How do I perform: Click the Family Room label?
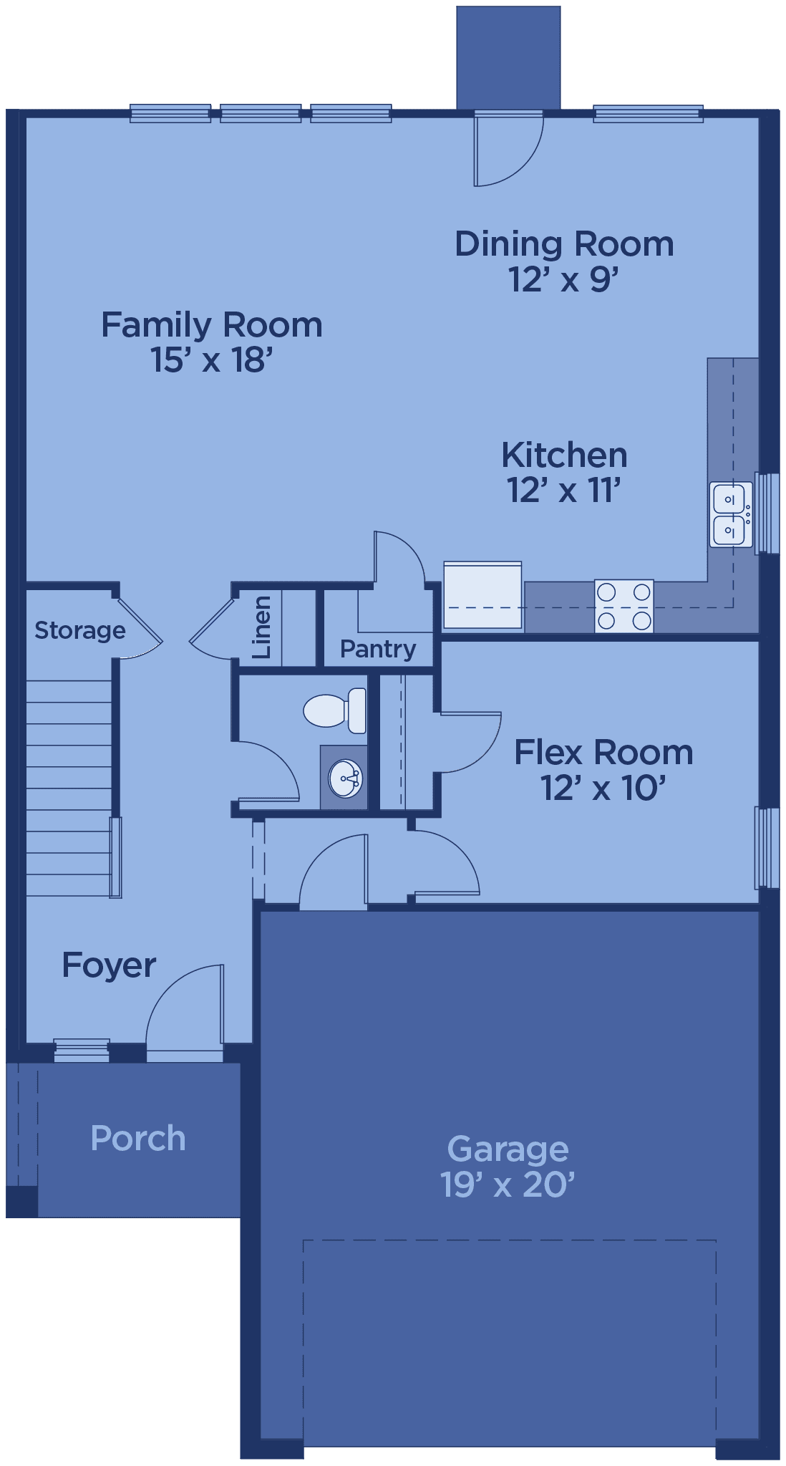pos(212,325)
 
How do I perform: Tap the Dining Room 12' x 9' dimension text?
pos(563,279)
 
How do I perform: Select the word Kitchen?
pos(564,455)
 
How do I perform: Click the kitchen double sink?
pos(731,514)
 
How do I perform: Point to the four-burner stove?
pos(624,606)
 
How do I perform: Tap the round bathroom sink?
pos(345,778)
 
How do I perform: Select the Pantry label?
pos(378,649)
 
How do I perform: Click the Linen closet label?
pos(262,627)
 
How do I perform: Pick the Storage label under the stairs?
pos(80,630)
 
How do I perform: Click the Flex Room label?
pos(603,753)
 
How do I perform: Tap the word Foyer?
pos(109,965)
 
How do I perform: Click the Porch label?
pos(138,1139)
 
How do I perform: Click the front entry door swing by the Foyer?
pos(185,1013)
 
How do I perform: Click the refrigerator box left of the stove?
pos(482,595)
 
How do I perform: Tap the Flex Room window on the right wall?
pos(767,848)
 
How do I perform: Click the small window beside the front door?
pos(82,1050)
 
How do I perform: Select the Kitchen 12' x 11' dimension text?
pos(563,491)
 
